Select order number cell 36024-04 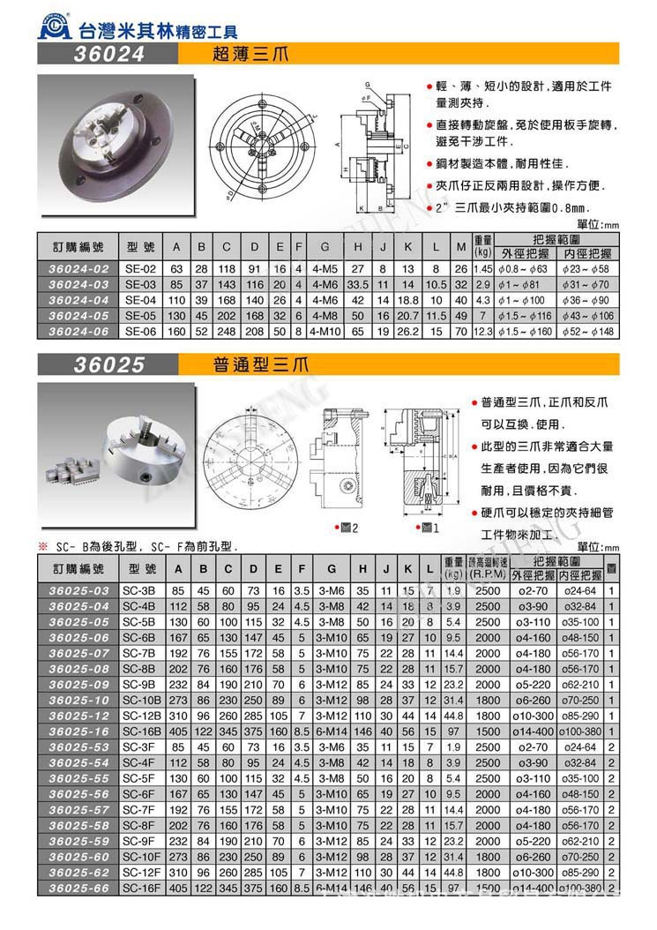tap(79, 299)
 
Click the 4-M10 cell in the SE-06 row tap(325, 331)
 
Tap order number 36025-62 tap(79, 872)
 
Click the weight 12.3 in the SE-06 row tap(482, 331)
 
